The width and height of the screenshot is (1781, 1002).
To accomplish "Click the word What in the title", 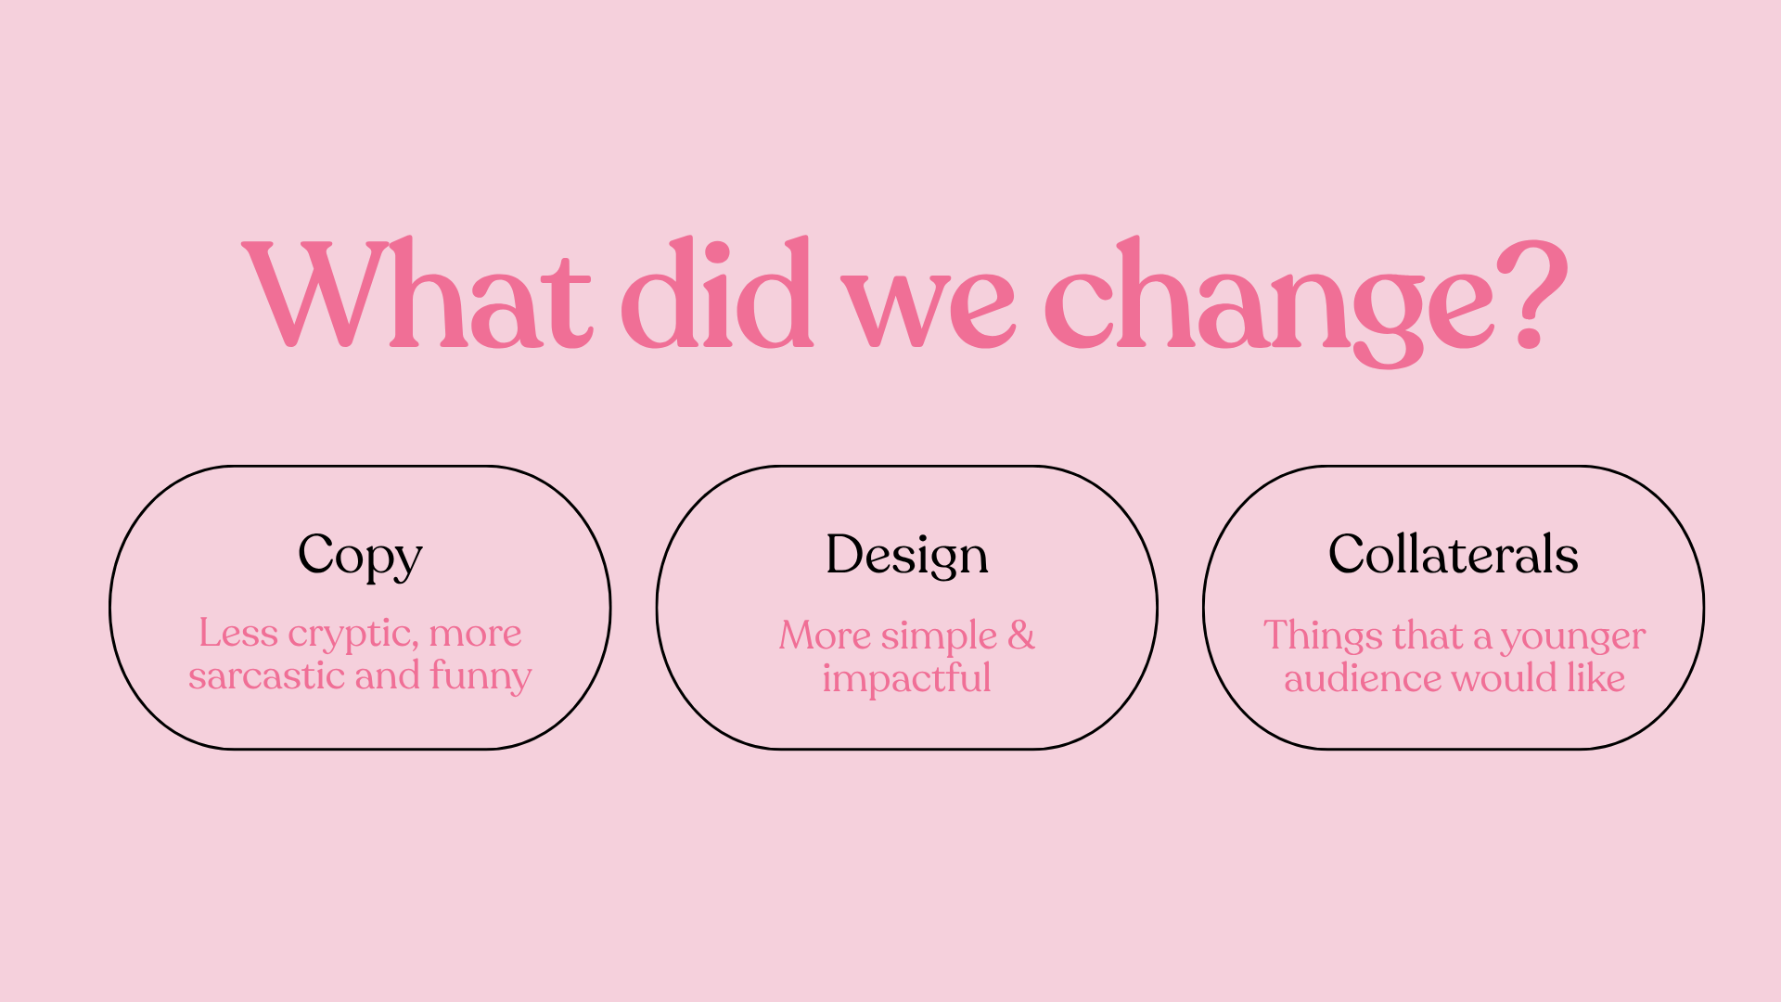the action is click(x=416, y=293).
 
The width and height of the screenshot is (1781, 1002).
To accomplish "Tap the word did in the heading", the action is click(x=717, y=293).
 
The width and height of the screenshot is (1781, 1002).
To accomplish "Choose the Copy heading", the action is click(x=360, y=557).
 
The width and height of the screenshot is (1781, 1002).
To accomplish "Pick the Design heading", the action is click(x=907, y=557).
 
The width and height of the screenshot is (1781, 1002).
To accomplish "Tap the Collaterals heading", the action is click(x=1454, y=554).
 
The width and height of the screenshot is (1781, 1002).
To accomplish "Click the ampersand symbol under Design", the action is click(x=1021, y=636).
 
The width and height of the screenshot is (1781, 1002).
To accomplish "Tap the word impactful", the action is click(x=907, y=678).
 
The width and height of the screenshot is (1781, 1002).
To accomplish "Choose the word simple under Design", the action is click(x=940, y=637).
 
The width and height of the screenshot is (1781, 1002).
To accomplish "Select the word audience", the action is click(x=1363, y=678).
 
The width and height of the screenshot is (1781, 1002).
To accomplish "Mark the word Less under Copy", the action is click(x=238, y=634).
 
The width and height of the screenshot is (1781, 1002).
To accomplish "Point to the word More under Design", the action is click(x=825, y=636).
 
